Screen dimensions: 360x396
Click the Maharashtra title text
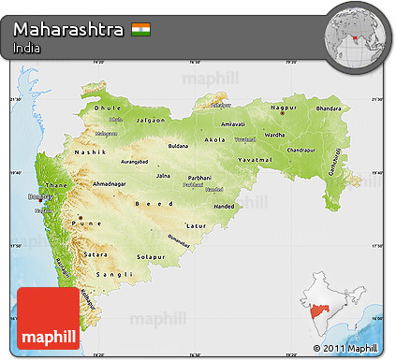click(68, 30)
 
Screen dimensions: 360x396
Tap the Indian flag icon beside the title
click(140, 30)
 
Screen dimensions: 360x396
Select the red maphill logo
click(49, 319)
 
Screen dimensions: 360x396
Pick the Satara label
click(96, 254)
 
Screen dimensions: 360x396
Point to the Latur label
click(196, 225)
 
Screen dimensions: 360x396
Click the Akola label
click(214, 139)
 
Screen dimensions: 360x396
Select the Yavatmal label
click(255, 159)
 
